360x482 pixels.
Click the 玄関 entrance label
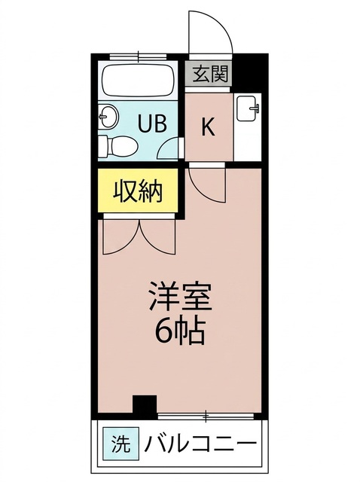pos(211,74)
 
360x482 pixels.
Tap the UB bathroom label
pos(152,124)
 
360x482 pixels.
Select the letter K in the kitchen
pos(208,127)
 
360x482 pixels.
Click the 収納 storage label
pos(138,191)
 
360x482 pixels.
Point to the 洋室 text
pos(181,296)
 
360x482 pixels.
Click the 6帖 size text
pos(180,331)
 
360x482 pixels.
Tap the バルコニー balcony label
pos(200,444)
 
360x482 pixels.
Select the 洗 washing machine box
pos(121,444)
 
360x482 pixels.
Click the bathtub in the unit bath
pos(139,80)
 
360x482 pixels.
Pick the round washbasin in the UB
pos(108,116)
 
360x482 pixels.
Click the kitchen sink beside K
pos(249,108)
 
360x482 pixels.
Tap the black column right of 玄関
pos(249,73)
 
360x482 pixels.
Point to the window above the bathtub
pos(138,56)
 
